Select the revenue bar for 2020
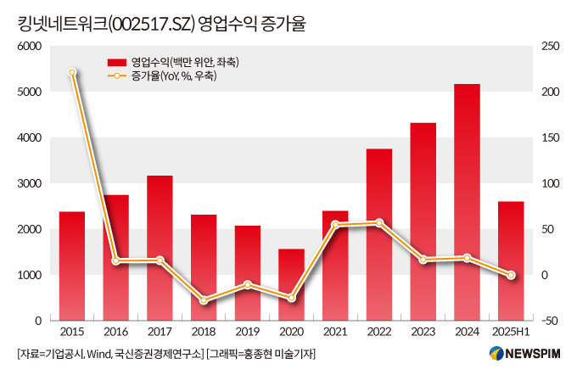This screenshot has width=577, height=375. click(291, 284)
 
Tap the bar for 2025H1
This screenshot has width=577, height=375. click(511, 260)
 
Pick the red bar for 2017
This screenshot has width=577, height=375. click(160, 248)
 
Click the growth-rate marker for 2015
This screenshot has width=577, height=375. click(72, 73)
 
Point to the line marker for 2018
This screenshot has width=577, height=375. click(204, 301)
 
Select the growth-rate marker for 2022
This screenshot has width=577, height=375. click(379, 222)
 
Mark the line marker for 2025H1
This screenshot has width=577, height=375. click(511, 275)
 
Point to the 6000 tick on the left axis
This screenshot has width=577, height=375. click(31, 46)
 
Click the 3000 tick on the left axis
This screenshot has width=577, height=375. click(31, 183)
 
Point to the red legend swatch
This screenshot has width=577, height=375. click(116, 62)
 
